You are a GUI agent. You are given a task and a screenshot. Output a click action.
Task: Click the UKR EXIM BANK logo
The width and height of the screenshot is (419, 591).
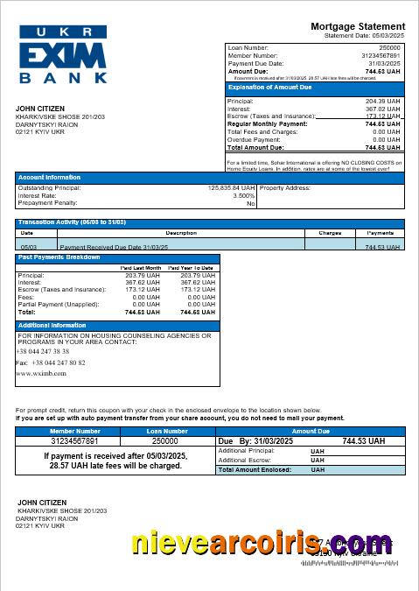[x=63, y=54]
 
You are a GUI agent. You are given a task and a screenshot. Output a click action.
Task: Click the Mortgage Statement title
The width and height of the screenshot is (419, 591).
[x=358, y=27]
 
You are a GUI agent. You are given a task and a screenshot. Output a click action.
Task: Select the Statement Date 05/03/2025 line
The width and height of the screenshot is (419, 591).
[x=364, y=36]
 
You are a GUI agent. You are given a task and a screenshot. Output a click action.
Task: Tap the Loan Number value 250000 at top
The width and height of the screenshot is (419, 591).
[x=389, y=48]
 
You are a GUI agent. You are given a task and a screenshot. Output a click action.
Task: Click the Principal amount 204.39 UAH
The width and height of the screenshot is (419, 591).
[x=384, y=102]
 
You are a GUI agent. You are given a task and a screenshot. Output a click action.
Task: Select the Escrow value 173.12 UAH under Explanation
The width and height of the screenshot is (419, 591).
[x=383, y=116]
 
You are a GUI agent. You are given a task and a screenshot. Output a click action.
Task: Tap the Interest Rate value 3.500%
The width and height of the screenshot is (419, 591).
[x=243, y=195]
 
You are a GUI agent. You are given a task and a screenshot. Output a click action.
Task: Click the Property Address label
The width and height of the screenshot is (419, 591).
[x=285, y=187]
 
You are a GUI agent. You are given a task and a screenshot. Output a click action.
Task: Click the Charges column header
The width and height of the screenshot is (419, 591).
[x=330, y=233]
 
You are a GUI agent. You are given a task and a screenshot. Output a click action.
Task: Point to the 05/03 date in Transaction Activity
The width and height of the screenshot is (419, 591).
[x=28, y=247]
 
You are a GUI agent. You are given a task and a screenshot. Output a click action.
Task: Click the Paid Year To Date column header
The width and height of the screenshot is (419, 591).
[x=192, y=268]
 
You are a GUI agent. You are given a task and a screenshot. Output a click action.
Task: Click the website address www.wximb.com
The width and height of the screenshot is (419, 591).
[x=41, y=373]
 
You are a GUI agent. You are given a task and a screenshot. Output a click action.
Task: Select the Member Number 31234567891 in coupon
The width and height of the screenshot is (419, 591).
[x=75, y=441]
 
